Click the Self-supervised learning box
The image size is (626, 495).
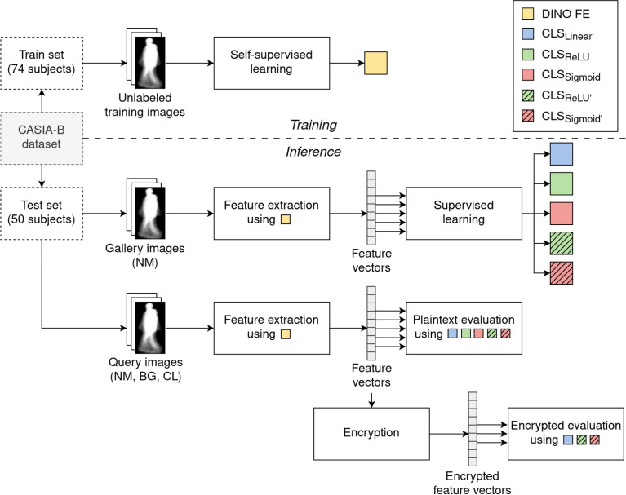pyautogui.click(x=272, y=63)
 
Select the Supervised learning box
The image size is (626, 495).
pyautogui.click(x=464, y=214)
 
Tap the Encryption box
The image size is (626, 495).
pyautogui.click(x=371, y=434)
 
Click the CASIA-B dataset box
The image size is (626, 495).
pyautogui.click(x=42, y=138)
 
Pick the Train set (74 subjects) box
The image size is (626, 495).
pyautogui.click(x=42, y=63)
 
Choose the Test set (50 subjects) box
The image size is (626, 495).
pyautogui.click(x=42, y=214)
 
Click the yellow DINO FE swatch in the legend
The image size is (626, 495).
pyautogui.click(x=527, y=13)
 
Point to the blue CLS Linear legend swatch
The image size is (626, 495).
pyautogui.click(x=527, y=33)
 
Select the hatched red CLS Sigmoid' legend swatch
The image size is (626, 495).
pyautogui.click(x=527, y=116)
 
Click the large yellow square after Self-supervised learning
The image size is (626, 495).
pyautogui.click(x=375, y=63)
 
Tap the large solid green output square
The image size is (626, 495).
pyautogui.click(x=562, y=183)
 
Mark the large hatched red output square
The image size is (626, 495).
pyautogui.click(x=562, y=273)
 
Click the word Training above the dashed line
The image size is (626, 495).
pyautogui.click(x=313, y=125)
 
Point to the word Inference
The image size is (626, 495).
pyautogui.click(x=313, y=152)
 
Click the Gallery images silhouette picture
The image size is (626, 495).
pyautogui.click(x=150, y=214)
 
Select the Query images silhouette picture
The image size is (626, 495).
pyautogui.click(x=150, y=328)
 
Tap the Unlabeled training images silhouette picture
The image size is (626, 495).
pyautogui.click(x=150, y=63)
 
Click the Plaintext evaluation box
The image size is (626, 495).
pyautogui.click(x=464, y=328)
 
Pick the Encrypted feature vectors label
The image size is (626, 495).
pyautogui.click(x=472, y=483)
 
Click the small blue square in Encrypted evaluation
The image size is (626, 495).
pyautogui.click(x=568, y=440)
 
